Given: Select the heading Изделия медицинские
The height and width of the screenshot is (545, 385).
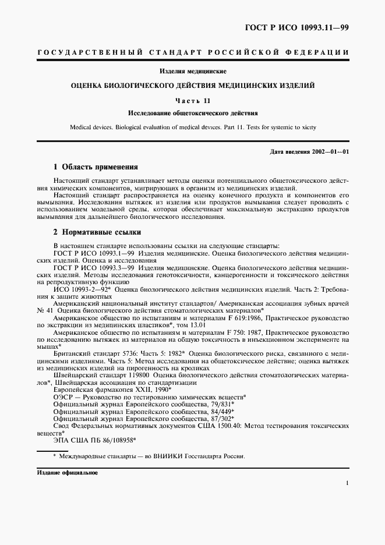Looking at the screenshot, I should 193,72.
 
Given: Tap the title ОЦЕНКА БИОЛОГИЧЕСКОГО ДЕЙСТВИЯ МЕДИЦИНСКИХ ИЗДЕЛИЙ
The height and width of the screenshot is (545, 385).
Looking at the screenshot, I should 193,85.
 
